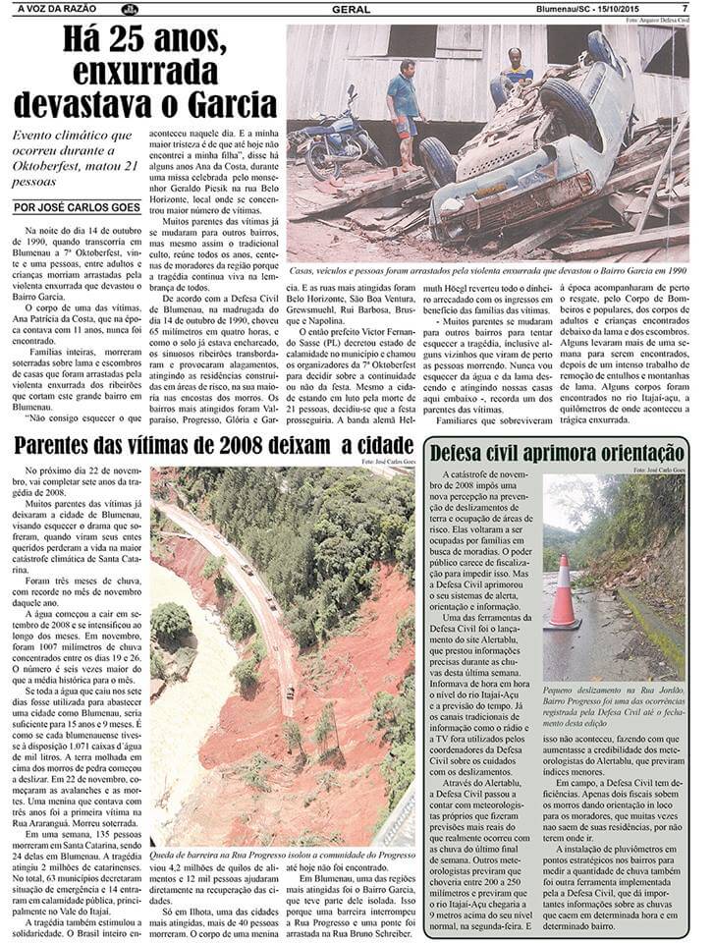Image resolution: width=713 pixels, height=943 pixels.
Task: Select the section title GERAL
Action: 351,9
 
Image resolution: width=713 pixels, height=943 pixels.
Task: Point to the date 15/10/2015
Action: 639,9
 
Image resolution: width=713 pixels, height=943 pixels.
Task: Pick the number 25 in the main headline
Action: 114,39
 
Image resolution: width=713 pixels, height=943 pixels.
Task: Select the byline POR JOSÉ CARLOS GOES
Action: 73,207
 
